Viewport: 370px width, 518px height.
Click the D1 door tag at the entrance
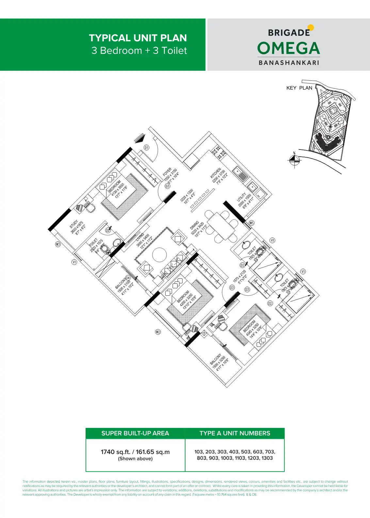[x=147, y=148]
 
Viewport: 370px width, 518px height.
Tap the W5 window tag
[x=251, y=223]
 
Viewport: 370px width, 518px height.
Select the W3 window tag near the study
[x=58, y=244]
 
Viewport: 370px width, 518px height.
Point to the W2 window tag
[x=158, y=332]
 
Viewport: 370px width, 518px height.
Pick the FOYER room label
[x=167, y=172]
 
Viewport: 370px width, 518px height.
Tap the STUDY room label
[x=74, y=224]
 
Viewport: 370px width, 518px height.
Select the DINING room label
[x=194, y=226]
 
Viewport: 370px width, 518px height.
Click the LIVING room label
[x=140, y=237]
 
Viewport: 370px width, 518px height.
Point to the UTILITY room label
[x=241, y=197]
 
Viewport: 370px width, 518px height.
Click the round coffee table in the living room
[x=159, y=255]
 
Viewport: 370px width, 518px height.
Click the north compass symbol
[x=294, y=159]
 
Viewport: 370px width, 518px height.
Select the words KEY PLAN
[x=299, y=88]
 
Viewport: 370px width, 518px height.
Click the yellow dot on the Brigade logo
[x=311, y=27]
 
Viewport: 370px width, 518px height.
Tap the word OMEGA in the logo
[x=288, y=48]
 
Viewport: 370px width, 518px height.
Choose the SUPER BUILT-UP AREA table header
[x=135, y=433]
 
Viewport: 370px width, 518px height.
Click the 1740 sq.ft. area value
[x=135, y=452]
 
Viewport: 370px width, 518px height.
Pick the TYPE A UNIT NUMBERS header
[x=235, y=433]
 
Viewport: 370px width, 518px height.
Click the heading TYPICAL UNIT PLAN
[x=138, y=38]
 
